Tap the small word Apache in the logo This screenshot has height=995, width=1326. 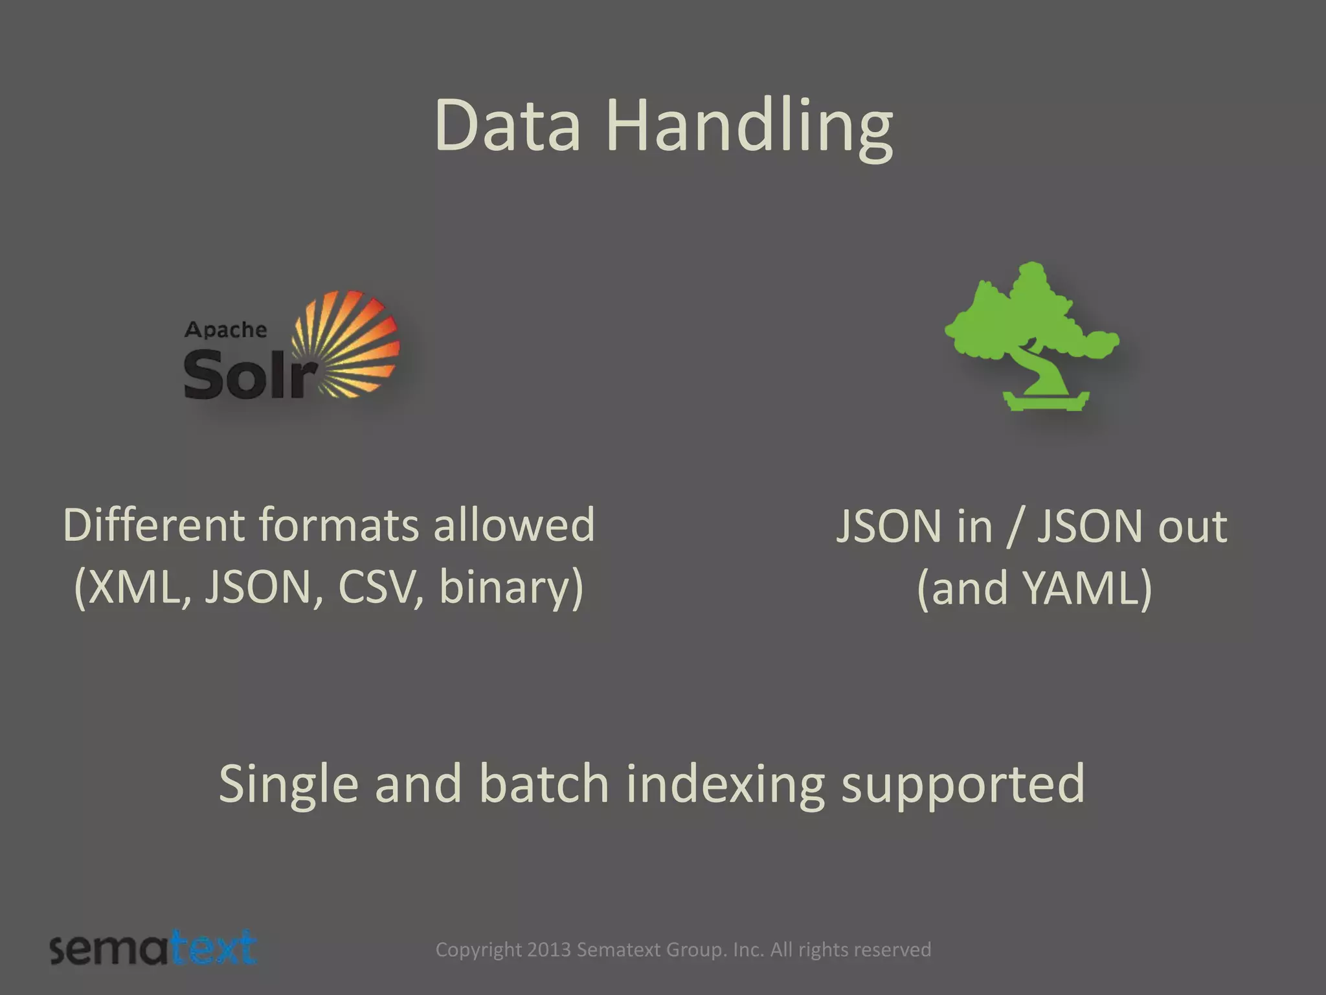pyautogui.click(x=225, y=330)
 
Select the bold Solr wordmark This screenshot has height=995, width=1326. pyautogui.click(x=249, y=374)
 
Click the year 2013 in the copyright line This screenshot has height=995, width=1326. pyautogui.click(x=548, y=950)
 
